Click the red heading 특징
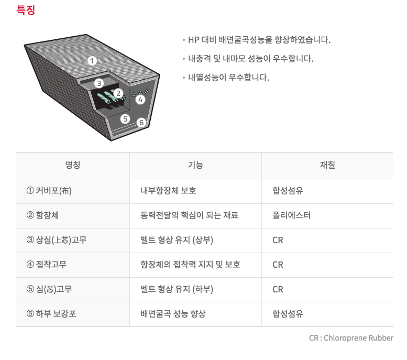[x=26, y=10]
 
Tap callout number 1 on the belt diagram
[x=92, y=61]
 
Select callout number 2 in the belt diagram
[x=118, y=93]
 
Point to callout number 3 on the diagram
[x=99, y=83]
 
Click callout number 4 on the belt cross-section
[x=140, y=100]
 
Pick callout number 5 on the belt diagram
[x=125, y=119]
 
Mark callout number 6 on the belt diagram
[x=141, y=122]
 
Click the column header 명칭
[x=73, y=165]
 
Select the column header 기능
[x=195, y=165]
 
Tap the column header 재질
[x=327, y=165]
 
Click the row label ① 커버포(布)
[x=49, y=191]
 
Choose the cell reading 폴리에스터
[x=291, y=215]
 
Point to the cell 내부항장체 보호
[x=168, y=191]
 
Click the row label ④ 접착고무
[x=47, y=265]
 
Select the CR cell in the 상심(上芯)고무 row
[x=278, y=240]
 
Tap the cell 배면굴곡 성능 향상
[x=173, y=314]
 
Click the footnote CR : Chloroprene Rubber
[x=351, y=338]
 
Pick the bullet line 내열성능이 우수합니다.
[x=228, y=78]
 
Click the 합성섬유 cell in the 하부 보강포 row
[x=288, y=314]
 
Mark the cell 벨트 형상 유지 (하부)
[x=177, y=289]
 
